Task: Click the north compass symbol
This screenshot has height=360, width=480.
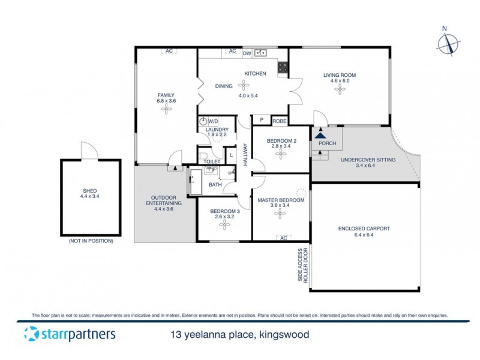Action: click(449, 44)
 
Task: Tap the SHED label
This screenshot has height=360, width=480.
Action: click(91, 191)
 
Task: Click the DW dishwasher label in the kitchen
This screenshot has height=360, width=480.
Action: click(247, 53)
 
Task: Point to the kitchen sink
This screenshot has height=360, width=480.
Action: click(261, 53)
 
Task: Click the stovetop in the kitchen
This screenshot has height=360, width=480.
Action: click(283, 68)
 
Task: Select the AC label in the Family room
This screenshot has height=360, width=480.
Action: click(169, 52)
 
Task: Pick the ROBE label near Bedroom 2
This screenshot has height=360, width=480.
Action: click(280, 121)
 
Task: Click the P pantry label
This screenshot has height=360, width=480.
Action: click(261, 121)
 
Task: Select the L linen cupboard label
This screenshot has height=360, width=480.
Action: click(232, 155)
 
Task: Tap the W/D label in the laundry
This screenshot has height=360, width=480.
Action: click(213, 121)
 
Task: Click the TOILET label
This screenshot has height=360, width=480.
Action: click(212, 162)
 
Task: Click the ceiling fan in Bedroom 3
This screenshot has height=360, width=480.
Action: click(225, 223)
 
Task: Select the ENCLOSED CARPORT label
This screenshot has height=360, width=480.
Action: click(364, 229)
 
